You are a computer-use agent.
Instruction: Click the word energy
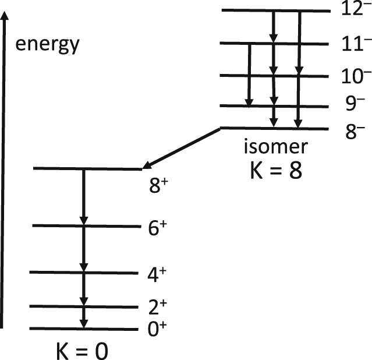tap(47, 44)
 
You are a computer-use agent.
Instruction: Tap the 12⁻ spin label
tap(356, 10)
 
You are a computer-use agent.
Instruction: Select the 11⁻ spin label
tap(355, 44)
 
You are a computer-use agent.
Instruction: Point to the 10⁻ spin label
tap(356, 76)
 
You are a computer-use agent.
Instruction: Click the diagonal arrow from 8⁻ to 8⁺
tap(181, 148)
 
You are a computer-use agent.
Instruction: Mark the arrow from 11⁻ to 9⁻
tap(249, 75)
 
